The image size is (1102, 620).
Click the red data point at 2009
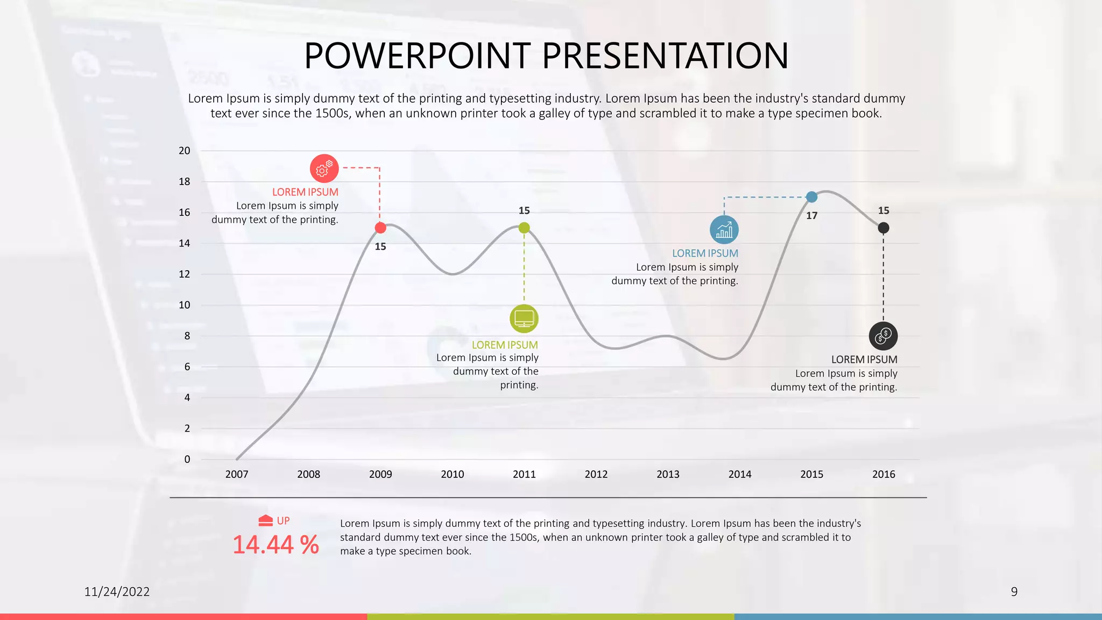tap(380, 228)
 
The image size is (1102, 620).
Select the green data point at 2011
tap(524, 228)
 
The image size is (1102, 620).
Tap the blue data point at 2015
tap(811, 197)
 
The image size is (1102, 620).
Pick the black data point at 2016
tap(884, 228)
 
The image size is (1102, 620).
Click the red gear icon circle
tap(324, 168)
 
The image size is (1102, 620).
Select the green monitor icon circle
tap(524, 319)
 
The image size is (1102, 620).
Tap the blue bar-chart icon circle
tap(724, 230)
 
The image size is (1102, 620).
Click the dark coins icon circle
tap(883, 336)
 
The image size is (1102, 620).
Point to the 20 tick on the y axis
tap(185, 151)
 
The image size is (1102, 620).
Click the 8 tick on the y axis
tap(187, 336)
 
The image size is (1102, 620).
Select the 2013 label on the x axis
tap(668, 474)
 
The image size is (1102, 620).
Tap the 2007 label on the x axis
tap(237, 474)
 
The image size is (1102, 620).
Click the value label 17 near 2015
tap(811, 216)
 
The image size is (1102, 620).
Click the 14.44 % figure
tap(275, 545)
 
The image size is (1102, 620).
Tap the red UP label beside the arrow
tap(283, 521)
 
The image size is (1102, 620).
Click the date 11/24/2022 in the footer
tap(117, 592)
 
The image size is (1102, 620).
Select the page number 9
tap(1014, 592)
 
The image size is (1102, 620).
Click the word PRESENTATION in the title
tap(665, 56)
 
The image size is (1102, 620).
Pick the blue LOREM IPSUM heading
tap(705, 253)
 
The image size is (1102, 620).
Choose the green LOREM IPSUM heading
tap(505, 345)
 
